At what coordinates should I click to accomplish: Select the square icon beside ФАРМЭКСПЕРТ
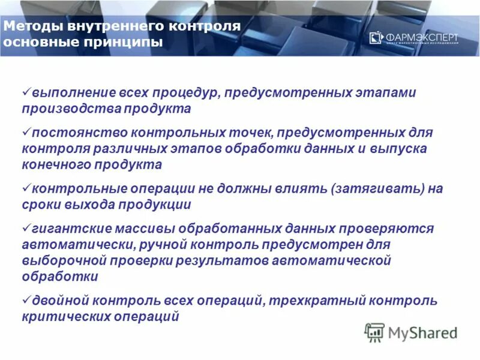[376, 38]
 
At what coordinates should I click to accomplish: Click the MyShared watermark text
[422, 332]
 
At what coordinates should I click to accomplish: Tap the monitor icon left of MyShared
[374, 332]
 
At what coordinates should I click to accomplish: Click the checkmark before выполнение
[26, 92]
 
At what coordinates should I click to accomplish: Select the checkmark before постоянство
[26, 130]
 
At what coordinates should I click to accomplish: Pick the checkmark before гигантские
[26, 227]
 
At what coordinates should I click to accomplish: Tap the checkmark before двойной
[26, 298]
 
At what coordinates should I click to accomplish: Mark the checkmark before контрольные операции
[26, 187]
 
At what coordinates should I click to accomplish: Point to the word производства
[59, 109]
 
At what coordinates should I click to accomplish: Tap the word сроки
[40, 205]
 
